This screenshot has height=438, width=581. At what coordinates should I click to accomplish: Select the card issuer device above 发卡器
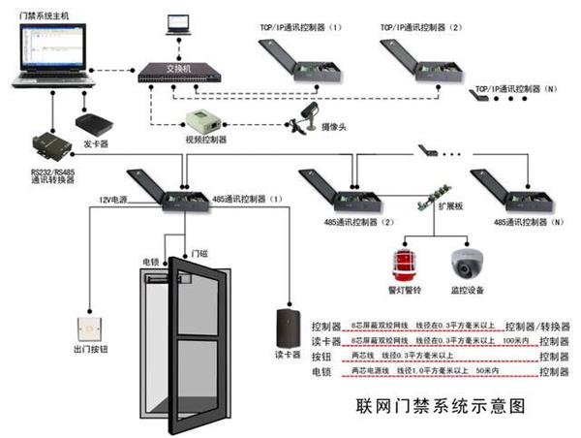click(95, 123)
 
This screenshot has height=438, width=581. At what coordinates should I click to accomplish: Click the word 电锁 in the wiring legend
click(321, 371)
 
